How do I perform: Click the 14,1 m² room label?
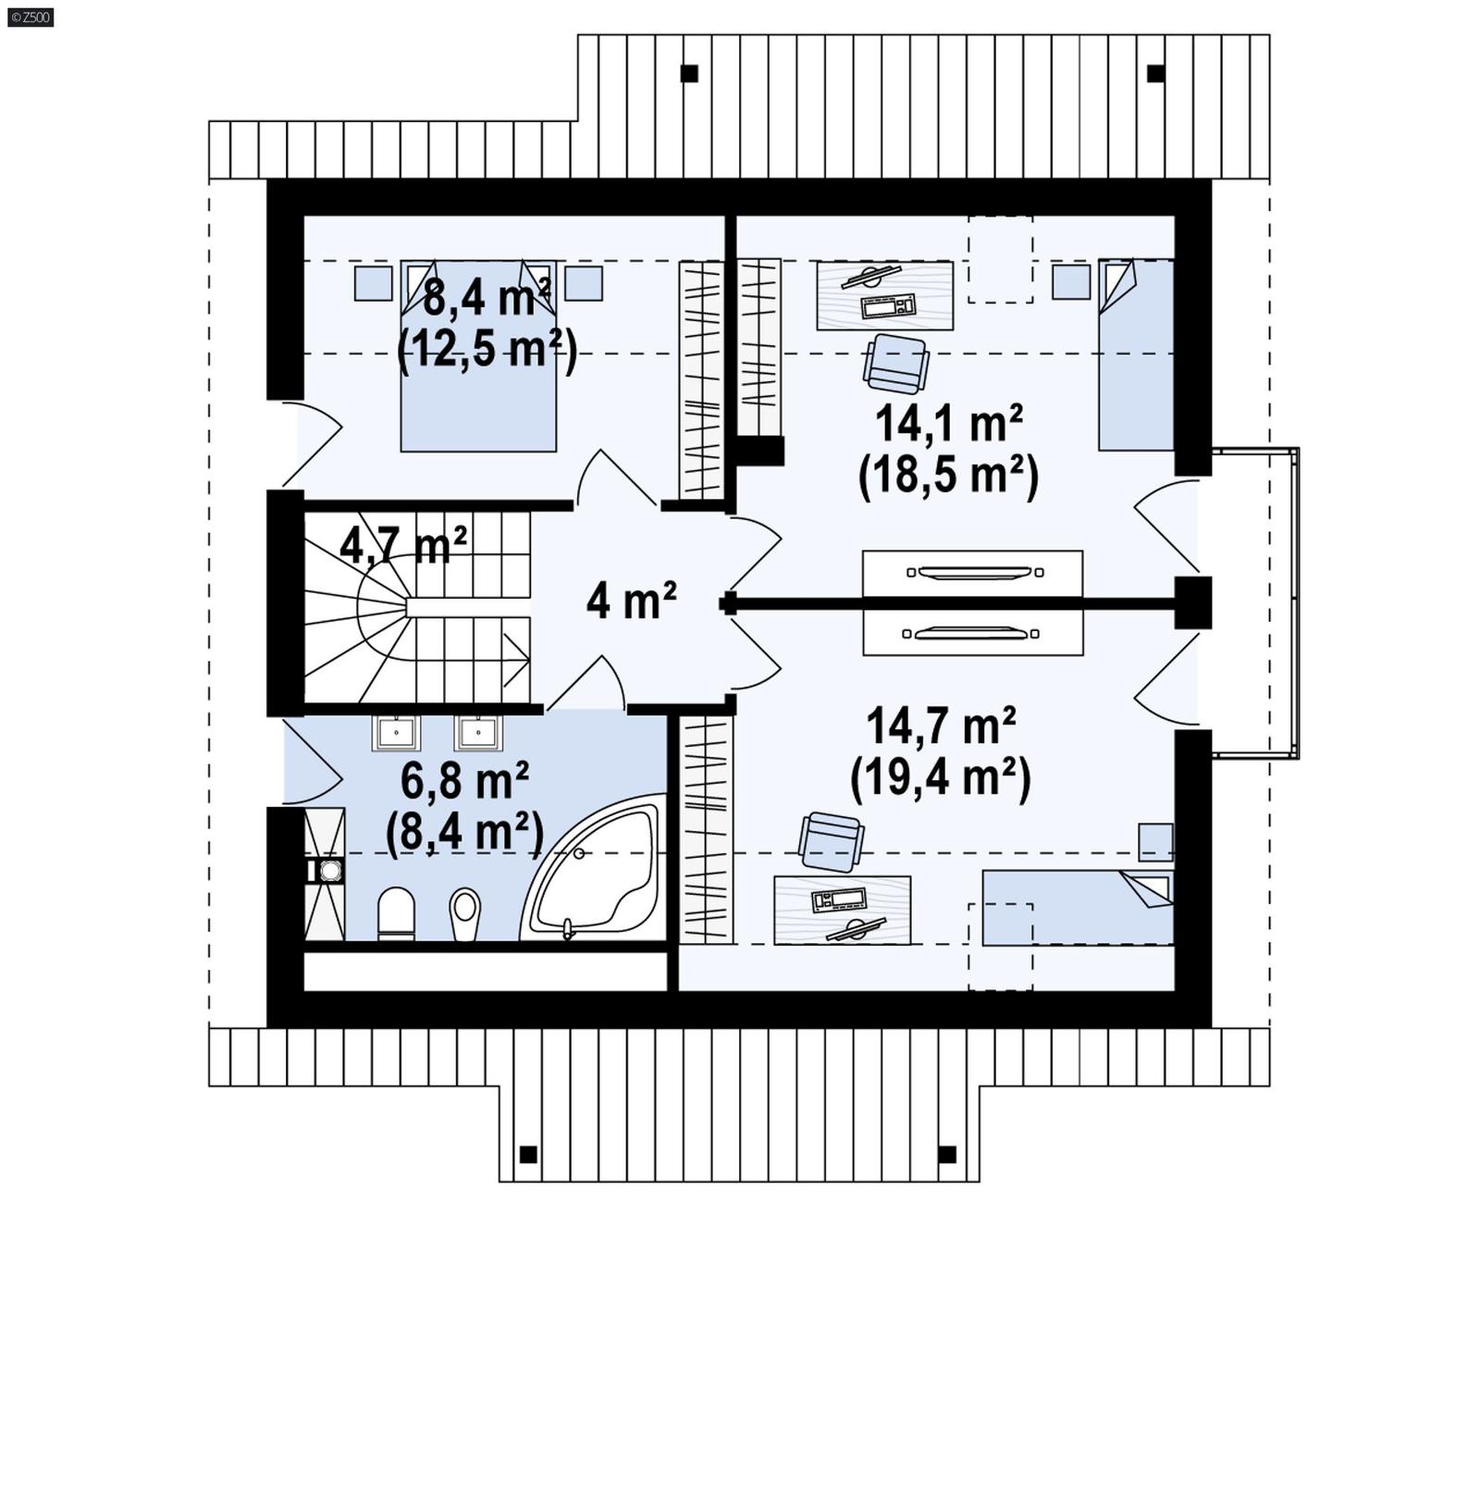point(948,425)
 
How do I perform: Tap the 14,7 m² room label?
point(941,725)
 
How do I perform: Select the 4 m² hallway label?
point(631,601)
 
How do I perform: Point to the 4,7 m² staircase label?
point(403,545)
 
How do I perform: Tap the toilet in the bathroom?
point(397,913)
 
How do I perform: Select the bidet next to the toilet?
point(465,913)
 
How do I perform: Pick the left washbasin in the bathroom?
point(396,733)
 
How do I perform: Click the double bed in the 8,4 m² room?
point(478,389)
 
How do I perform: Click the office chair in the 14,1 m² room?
point(895,363)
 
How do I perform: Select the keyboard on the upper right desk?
point(888,305)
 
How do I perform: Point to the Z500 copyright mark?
point(30,17)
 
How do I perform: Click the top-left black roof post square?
point(689,73)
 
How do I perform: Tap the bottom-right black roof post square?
point(946,1154)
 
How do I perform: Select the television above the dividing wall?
point(972,573)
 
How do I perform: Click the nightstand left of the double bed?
point(373,283)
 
